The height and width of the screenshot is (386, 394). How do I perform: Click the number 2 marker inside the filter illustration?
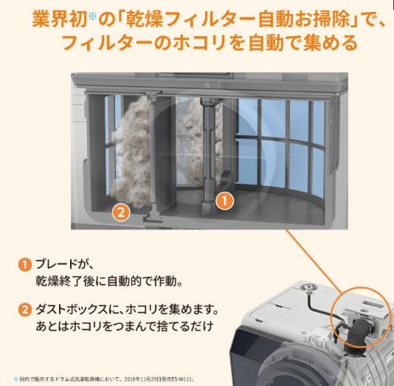[x=122, y=213]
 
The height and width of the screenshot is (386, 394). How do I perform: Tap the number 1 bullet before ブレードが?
[x=25, y=264]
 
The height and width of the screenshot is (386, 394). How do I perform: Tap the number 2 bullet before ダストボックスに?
[x=25, y=310]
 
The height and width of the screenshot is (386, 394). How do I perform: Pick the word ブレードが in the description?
[x=67, y=264]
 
